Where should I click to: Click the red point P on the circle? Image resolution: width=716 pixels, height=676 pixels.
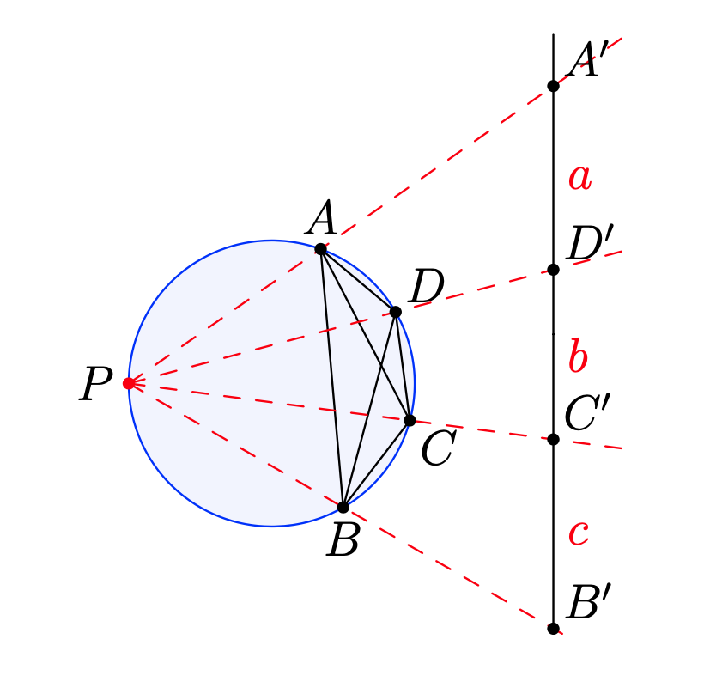pyautogui.click(x=129, y=383)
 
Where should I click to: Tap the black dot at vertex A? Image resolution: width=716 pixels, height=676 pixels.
pyautogui.click(x=320, y=249)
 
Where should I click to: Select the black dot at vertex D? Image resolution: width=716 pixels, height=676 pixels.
pyautogui.click(x=395, y=312)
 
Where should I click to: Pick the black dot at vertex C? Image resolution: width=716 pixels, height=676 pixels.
pyautogui.click(x=410, y=420)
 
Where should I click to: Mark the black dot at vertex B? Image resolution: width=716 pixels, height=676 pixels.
pyautogui.click(x=343, y=507)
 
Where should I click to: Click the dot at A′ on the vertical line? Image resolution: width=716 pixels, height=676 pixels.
pyautogui.click(x=553, y=86)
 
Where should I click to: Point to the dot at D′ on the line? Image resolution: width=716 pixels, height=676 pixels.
pyautogui.click(x=553, y=270)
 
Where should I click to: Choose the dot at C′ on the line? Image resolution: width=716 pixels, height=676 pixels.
pyautogui.click(x=553, y=439)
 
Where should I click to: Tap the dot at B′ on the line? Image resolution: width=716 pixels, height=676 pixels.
pyautogui.click(x=553, y=628)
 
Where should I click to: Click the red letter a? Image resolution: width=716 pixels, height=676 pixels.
pyautogui.click(x=579, y=179)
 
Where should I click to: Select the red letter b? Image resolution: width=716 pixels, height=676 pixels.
pyautogui.click(x=578, y=356)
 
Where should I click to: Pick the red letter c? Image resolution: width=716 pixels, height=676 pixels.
pyautogui.click(x=578, y=533)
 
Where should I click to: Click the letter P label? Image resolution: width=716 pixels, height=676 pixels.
pyautogui.click(x=95, y=385)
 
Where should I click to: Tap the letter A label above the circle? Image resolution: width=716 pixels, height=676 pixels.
pyautogui.click(x=322, y=219)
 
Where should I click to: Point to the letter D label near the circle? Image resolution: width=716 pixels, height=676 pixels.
pyautogui.click(x=425, y=288)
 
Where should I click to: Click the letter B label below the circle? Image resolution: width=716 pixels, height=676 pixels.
pyautogui.click(x=343, y=541)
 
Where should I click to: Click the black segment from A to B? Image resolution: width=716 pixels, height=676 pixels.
pyautogui.click(x=331, y=378)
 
